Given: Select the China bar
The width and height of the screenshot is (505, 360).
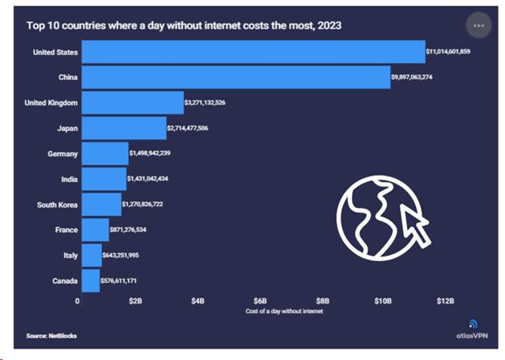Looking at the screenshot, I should [x=236, y=78].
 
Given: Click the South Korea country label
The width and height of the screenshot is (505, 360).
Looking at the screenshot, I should [x=57, y=205].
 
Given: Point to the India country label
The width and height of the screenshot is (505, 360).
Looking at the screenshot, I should [x=68, y=179].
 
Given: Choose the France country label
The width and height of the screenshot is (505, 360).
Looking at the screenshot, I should [x=66, y=230].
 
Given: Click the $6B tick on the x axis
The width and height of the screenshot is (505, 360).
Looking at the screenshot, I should [x=260, y=301].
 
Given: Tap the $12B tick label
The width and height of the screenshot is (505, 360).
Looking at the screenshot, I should [x=445, y=301].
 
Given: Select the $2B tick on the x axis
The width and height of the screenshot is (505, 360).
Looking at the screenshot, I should [x=137, y=301].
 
